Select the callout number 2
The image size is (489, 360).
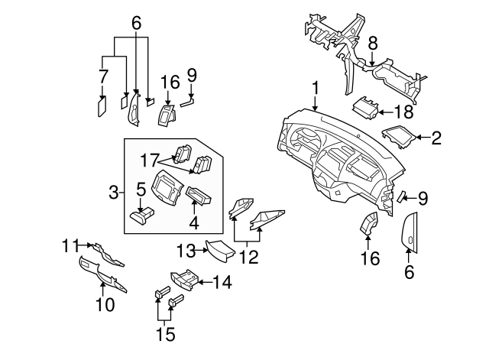(x=436, y=138)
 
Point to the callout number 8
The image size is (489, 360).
(x=372, y=44)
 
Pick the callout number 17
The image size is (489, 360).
(x=149, y=161)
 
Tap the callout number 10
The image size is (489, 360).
(x=105, y=305)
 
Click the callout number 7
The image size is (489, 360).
(x=103, y=76)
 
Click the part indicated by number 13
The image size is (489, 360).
(x=216, y=250)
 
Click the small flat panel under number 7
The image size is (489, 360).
(x=102, y=105)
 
